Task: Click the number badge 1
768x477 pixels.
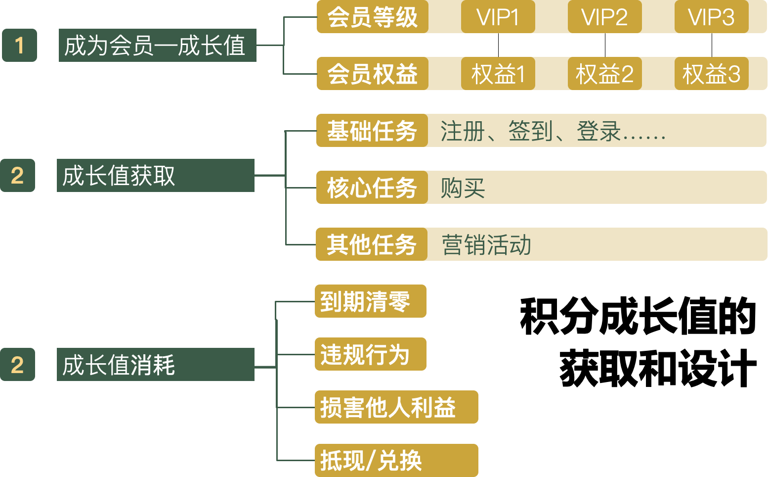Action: (19, 46)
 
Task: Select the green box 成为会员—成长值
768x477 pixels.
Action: (157, 46)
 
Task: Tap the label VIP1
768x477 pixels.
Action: (498, 18)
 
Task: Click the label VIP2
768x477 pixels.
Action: (604, 18)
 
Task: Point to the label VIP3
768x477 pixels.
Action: (711, 18)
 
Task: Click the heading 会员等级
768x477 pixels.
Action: (373, 18)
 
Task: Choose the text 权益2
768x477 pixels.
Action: (604, 75)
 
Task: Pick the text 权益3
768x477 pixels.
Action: (711, 75)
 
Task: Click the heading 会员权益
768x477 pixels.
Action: (373, 75)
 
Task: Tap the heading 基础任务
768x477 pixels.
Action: (372, 132)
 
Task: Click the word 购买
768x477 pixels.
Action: (463, 189)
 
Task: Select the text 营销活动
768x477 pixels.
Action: (486, 245)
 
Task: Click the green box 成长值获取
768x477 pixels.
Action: (155, 176)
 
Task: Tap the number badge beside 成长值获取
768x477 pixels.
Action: (17, 176)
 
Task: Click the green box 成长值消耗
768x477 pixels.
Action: (155, 365)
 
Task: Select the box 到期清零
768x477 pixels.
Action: (370, 301)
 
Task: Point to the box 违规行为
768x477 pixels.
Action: (370, 354)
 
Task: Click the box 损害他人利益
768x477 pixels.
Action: (396, 407)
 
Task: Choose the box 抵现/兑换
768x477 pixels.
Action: (396, 461)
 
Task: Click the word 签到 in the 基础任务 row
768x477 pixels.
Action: (530, 132)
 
